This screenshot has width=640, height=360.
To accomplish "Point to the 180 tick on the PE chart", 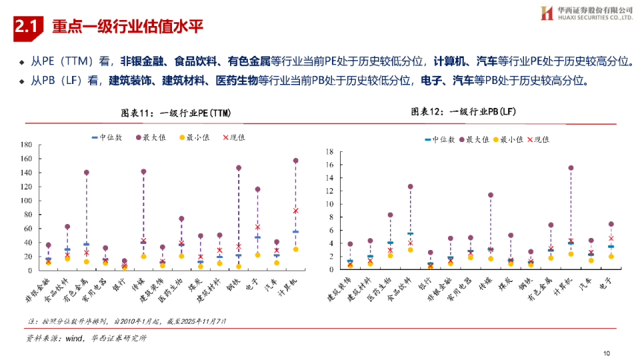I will point(26,145).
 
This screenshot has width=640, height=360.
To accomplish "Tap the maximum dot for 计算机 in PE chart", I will point(296,161).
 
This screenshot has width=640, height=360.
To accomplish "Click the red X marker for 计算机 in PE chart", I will point(296,211).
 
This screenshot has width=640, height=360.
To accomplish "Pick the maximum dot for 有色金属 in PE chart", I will point(86,173).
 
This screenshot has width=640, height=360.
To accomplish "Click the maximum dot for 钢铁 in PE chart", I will point(239,168).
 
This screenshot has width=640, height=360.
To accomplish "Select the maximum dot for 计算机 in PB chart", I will point(571,168).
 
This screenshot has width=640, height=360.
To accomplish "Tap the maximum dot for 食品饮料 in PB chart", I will point(410,187).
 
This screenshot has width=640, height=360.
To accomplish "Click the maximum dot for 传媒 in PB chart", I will point(491,195).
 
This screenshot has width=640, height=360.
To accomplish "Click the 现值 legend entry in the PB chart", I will point(538,139).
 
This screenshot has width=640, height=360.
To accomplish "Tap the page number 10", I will point(606,353).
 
